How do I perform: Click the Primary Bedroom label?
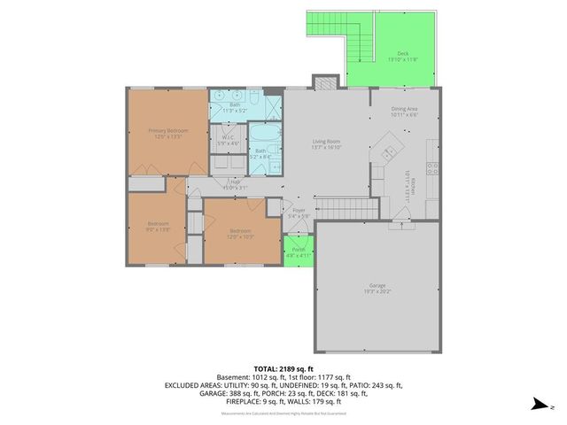[x=168, y=131]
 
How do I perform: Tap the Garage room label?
[x=377, y=285]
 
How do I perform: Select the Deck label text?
[x=403, y=54]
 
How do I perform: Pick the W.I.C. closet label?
[x=228, y=137]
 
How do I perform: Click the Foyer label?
[x=299, y=210]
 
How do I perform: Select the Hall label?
[x=236, y=182]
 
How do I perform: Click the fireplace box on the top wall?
[x=325, y=81]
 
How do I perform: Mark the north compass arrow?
[x=538, y=406]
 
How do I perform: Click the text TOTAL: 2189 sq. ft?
[x=283, y=368]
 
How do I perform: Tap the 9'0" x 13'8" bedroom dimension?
[x=158, y=228]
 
